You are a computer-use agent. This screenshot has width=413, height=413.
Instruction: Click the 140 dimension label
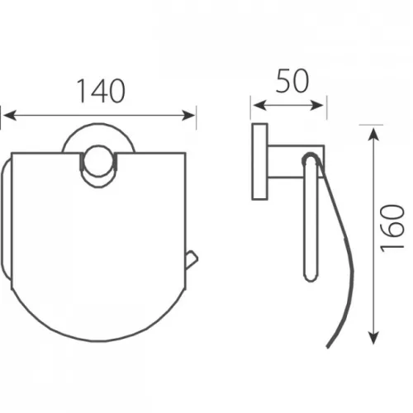point(101,91)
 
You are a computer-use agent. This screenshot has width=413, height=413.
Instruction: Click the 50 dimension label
point(292,81)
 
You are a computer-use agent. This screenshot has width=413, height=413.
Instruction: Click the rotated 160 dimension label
point(392,228)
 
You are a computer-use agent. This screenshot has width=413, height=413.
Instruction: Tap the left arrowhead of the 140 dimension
point(10,116)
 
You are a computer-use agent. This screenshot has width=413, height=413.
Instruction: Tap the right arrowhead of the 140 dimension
point(188,116)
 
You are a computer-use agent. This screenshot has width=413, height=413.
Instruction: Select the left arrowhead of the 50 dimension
point(259,105)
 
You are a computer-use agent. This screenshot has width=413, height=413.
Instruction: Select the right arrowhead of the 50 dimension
point(316,105)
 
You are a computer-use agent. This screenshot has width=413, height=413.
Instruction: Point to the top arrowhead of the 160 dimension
point(373,135)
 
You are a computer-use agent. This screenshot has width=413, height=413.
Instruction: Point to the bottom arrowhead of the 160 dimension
point(373,338)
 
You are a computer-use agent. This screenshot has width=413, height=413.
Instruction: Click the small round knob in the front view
point(98,162)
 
